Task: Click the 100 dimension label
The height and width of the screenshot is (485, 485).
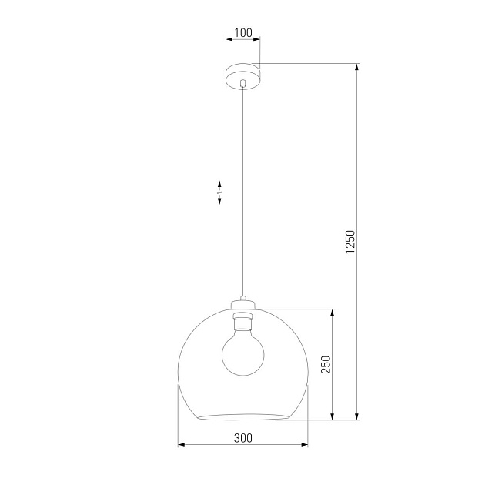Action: coord(242,32)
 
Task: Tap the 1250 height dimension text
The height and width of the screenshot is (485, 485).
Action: coord(350,242)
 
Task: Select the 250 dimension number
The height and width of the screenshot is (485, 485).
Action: coord(326,365)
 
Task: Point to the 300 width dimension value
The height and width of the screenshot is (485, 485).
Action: coord(242,438)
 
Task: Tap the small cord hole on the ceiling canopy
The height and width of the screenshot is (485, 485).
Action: coord(242,80)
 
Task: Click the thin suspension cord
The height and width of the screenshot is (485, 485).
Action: coord(242,192)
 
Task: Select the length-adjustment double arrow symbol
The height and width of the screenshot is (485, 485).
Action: coord(219,192)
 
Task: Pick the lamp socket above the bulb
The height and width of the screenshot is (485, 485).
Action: coord(242,317)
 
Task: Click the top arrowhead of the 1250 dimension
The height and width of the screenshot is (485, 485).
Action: coord(356,68)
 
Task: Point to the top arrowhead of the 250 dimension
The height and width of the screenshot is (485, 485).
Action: coord(333,313)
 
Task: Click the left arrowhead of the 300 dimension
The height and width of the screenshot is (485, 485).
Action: coord(181,445)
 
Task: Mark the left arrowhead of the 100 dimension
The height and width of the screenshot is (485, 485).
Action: coord(228,41)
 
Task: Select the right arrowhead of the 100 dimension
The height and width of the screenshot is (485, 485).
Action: coord(257,41)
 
